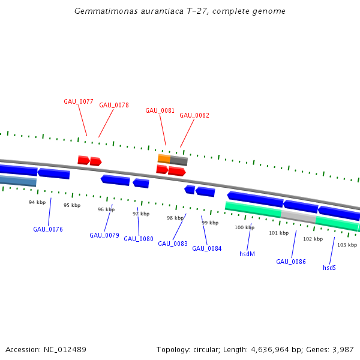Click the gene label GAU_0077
79,101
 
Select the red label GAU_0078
114,105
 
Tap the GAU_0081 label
160,110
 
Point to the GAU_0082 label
194,115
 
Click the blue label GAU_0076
48,229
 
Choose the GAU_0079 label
104,235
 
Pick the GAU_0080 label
139,239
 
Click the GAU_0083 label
173,244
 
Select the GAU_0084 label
207,248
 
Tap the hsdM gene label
247,254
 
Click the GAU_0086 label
291,262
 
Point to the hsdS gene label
329,268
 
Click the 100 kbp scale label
244,227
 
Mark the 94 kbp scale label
37,202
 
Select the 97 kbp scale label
140,214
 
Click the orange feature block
164,158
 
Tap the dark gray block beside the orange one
179,161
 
